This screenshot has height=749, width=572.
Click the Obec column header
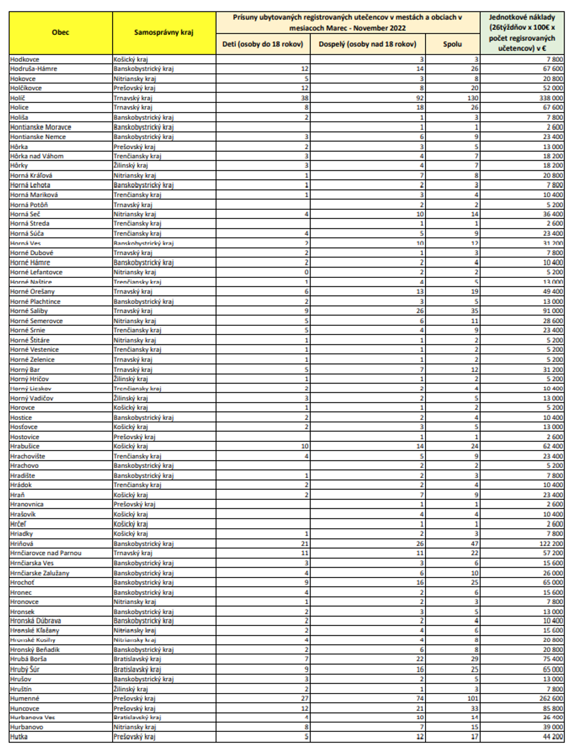coord(60,33)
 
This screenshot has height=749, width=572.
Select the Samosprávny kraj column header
coord(164,33)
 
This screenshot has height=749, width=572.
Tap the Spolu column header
coord(452,44)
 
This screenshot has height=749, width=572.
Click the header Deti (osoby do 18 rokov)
coord(263,44)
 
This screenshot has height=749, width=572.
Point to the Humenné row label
coord(25,698)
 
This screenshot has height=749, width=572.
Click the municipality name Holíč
coord(18,98)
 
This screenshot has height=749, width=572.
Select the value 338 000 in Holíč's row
coord(551,98)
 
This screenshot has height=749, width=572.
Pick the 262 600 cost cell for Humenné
coord(551,698)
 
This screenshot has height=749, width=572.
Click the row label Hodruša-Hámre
coord(34,69)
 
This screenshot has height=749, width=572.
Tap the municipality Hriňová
coord(22,543)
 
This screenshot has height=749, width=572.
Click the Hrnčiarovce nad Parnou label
coord(46,553)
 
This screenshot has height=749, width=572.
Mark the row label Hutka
coord(19,736)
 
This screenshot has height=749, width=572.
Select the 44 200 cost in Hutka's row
coord(553,736)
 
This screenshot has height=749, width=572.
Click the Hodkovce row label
coord(25,59)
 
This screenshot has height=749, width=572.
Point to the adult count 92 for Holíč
coord(420,98)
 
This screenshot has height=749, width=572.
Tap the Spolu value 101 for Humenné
coord(472,698)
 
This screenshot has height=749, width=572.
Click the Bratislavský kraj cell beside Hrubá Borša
coord(137,659)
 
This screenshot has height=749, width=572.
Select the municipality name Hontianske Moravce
coord(41,127)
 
